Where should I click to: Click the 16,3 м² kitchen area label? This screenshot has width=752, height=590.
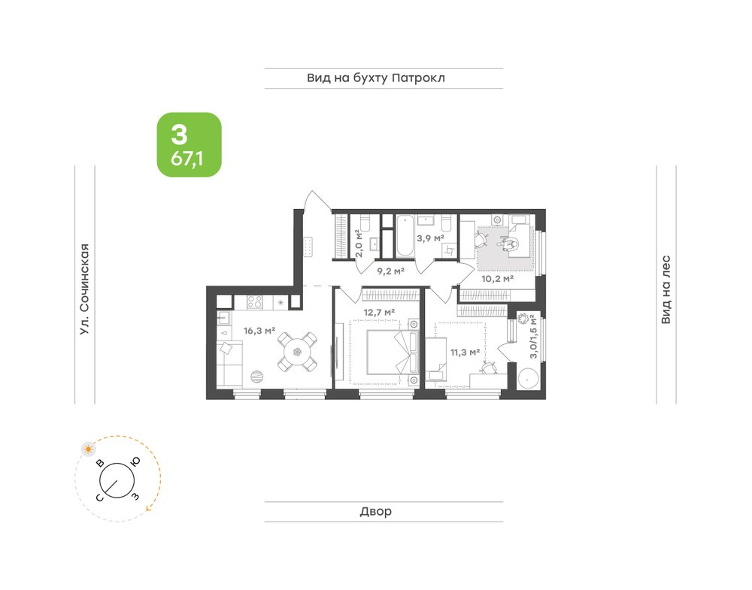(x=259, y=330)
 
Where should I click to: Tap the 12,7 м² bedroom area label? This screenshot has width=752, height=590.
(x=379, y=312)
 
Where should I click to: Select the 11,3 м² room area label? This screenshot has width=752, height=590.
(x=465, y=352)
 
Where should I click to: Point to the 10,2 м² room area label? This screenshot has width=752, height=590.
(x=497, y=278)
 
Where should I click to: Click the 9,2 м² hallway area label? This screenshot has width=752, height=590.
(x=390, y=271)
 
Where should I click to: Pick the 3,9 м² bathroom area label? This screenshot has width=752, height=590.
(x=429, y=238)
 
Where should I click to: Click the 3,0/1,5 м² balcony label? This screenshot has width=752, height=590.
(x=533, y=337)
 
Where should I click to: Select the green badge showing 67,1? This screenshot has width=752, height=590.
(x=190, y=145)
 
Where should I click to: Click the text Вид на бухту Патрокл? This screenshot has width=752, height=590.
(x=376, y=77)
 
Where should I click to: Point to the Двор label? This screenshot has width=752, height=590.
(x=376, y=511)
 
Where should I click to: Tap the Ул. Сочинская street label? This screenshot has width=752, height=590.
(x=85, y=289)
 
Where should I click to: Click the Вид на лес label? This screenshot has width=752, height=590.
(x=666, y=290)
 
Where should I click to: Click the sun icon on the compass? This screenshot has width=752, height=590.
(x=88, y=449)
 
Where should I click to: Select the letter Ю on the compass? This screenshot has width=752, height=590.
(x=135, y=461)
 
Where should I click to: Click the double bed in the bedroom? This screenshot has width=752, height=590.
(x=393, y=353)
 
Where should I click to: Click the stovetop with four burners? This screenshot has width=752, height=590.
(x=255, y=302)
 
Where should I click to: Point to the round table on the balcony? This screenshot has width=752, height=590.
(x=528, y=379)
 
